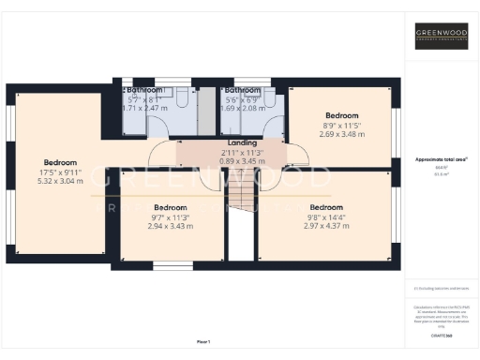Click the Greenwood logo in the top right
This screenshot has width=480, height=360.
pyautogui.click(x=442, y=37)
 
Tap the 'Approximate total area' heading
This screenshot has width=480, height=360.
pyautogui.click(x=441, y=160)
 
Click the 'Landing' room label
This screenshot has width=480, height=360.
pyautogui.click(x=230, y=142)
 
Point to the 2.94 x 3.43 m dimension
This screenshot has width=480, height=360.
pyautogui.click(x=171, y=226)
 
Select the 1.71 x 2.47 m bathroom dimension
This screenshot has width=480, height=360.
pyautogui.click(x=144, y=108)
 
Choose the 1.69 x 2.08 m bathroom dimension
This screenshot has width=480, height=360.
pyautogui.click(x=242, y=108)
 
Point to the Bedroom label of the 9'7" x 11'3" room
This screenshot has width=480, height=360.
pyautogui.click(x=171, y=207)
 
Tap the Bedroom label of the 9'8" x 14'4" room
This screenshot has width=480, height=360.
pyautogui.click(x=327, y=207)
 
